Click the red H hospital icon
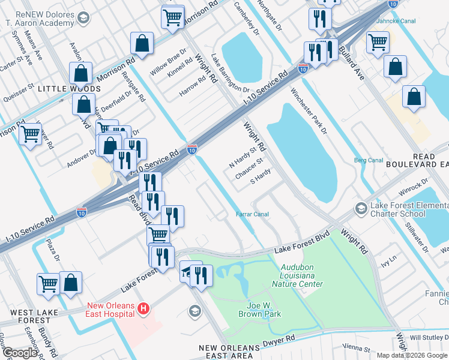click(x=143, y=309)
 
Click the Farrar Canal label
click(x=252, y=214)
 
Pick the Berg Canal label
click(x=368, y=160)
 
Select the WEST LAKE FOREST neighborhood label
click(x=30, y=316)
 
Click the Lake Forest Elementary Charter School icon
click(x=361, y=208)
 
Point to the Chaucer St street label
click(x=250, y=168)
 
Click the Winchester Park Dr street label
click(x=309, y=111)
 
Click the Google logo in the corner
click(x=19, y=353)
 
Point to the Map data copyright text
click(x=411, y=355)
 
